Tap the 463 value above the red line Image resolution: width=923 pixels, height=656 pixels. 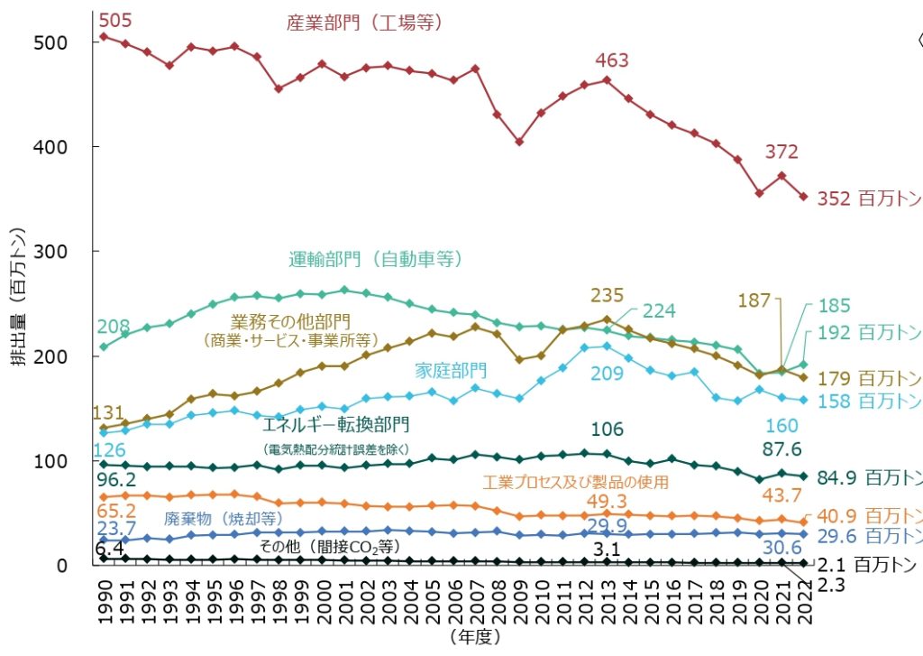coord(611,60)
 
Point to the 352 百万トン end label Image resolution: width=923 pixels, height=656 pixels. coord(869,199)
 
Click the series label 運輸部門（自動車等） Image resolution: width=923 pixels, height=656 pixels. coord(376,259)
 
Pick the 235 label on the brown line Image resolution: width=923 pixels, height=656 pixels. coord(608,295)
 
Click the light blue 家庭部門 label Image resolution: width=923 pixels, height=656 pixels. coord(451,370)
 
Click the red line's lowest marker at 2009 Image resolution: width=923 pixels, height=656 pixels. coord(519,142)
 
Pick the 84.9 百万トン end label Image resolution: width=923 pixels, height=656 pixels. coord(869,476)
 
